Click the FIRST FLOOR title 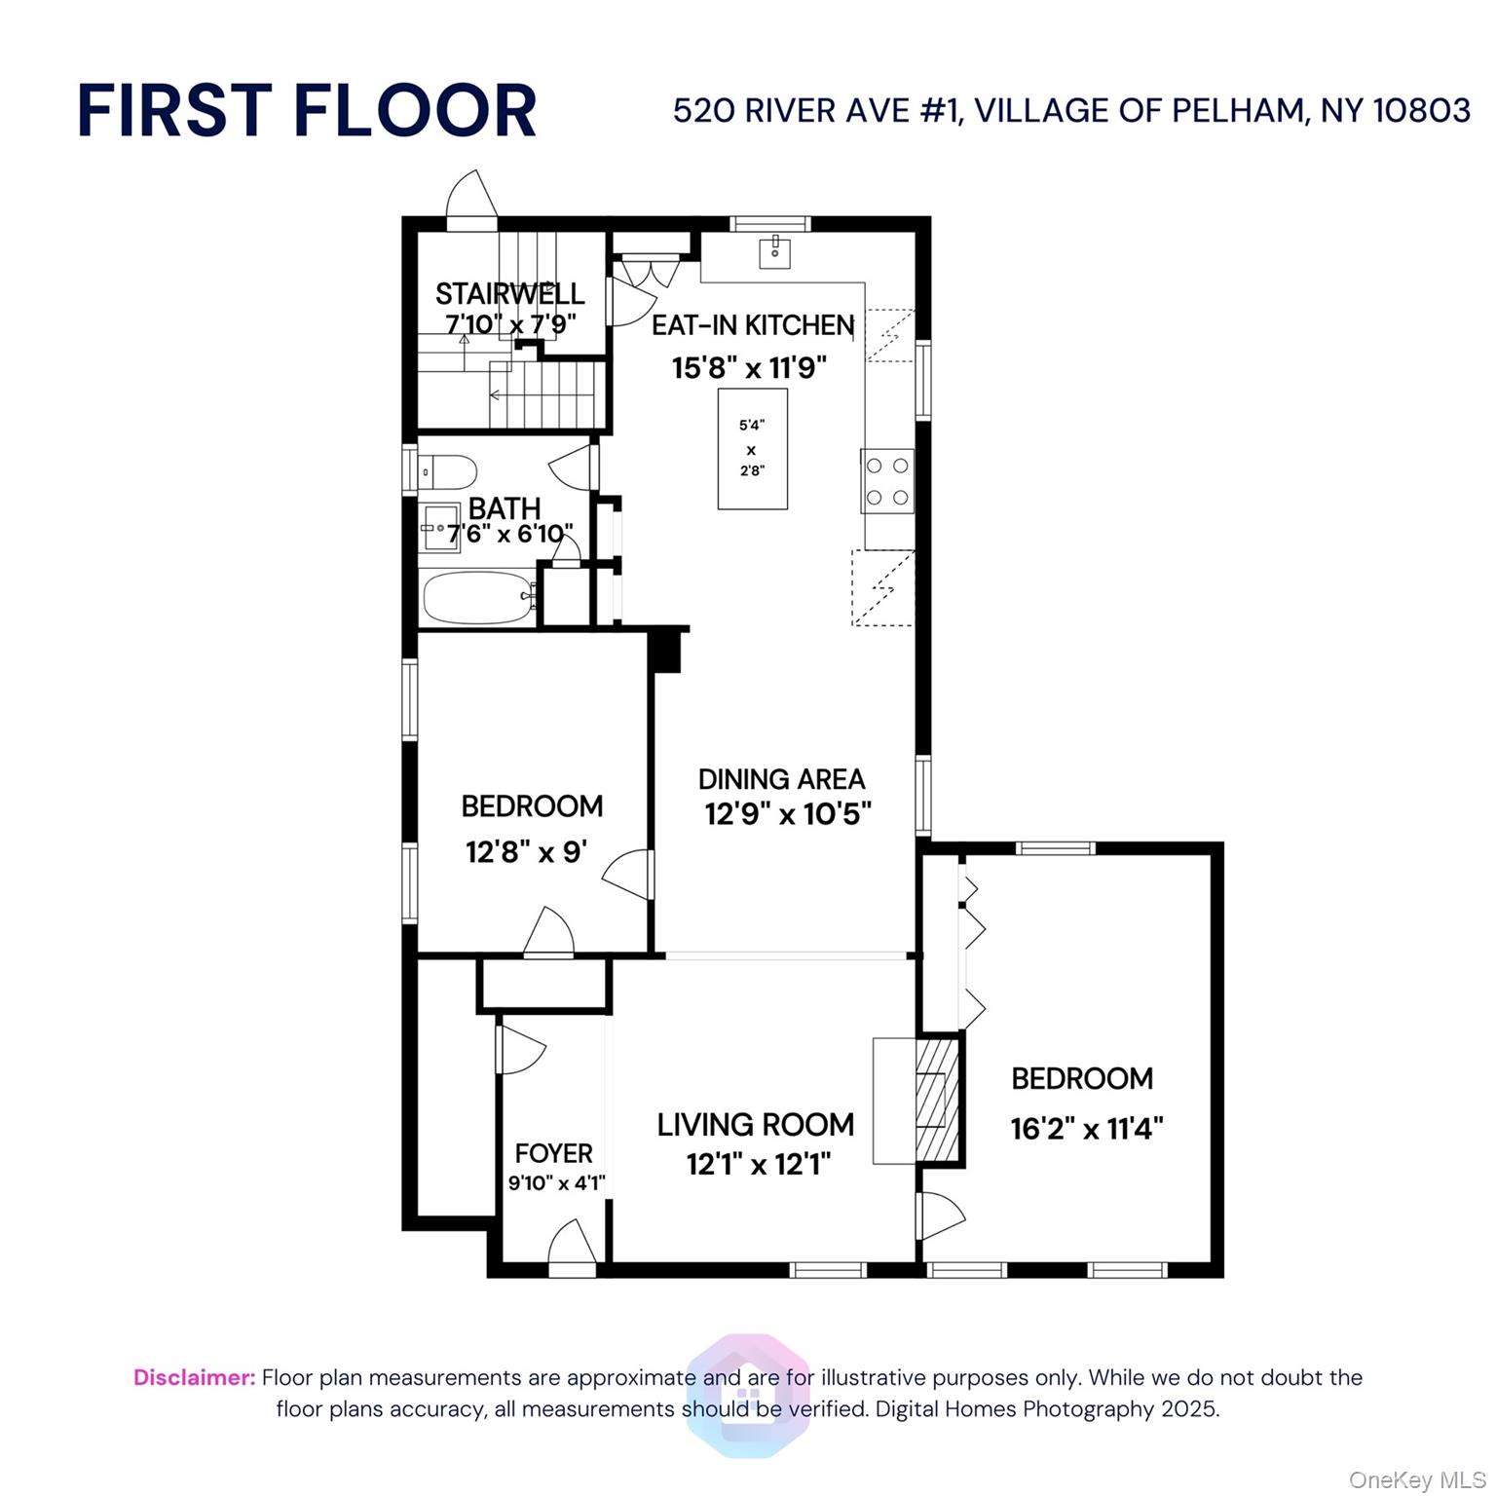click(x=307, y=110)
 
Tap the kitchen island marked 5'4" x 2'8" click(x=752, y=449)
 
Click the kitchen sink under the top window click(x=774, y=252)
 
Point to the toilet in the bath click(x=448, y=472)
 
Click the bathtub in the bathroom click(x=477, y=596)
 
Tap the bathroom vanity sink click(x=439, y=528)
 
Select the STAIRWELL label click(x=509, y=293)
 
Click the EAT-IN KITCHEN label click(x=752, y=325)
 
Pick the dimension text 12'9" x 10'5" click(x=787, y=813)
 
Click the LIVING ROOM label click(x=755, y=1125)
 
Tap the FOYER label click(x=553, y=1153)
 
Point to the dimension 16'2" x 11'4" click(x=1086, y=1129)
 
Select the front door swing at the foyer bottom click(x=572, y=1249)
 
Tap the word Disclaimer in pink click(x=194, y=1377)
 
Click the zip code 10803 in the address click(x=1421, y=111)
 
